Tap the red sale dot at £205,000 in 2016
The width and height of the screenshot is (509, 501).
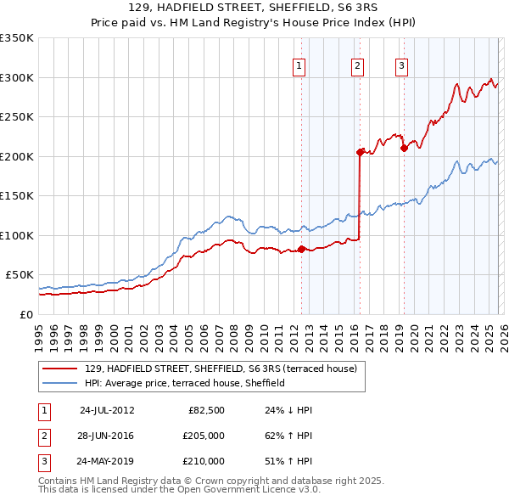pos(360,152)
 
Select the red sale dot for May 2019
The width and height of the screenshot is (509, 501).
pos(404,149)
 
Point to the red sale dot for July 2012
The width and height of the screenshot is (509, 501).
pos(301,249)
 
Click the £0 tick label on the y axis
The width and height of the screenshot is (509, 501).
pos(25,314)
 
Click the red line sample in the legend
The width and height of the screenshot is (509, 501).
pos(61,369)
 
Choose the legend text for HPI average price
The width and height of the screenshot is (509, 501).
pos(185,384)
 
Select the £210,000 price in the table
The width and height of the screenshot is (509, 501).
pos(204,461)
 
